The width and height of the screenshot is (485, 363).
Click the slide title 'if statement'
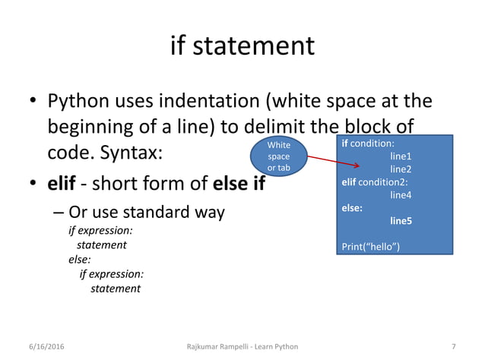242,46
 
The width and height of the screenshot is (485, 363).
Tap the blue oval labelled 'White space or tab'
278,156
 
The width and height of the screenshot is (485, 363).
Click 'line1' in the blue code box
401,156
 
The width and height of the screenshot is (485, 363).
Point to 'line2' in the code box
401,169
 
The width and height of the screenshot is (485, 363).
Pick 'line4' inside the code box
401,194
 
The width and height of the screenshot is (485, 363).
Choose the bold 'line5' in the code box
401,221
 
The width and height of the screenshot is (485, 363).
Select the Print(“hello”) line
371,247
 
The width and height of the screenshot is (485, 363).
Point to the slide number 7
453,346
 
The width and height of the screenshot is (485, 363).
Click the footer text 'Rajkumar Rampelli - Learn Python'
242,346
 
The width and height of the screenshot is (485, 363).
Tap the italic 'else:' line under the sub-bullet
80,260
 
